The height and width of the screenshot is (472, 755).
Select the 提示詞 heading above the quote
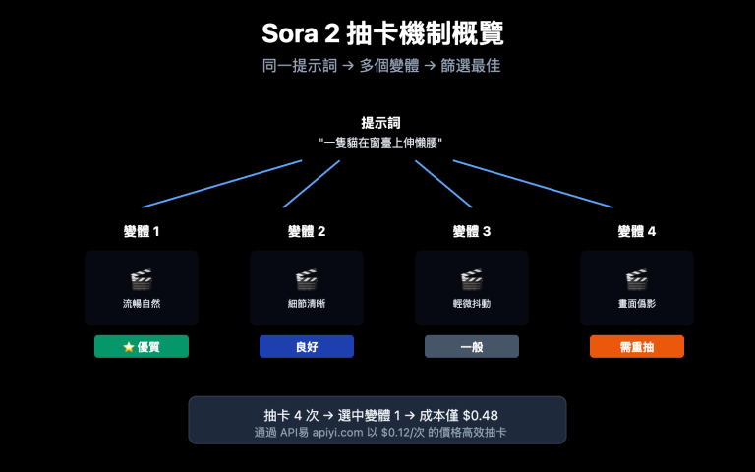[380, 123]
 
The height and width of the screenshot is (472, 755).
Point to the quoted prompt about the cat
[380, 143]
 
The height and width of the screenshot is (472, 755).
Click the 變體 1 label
[142, 231]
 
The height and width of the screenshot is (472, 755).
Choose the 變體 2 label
[307, 231]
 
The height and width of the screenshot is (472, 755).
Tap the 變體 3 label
[472, 231]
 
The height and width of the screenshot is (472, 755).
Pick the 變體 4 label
[637, 231]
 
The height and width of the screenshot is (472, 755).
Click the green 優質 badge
[142, 346]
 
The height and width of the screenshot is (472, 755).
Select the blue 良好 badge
[307, 346]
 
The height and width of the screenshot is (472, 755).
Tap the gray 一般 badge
[472, 346]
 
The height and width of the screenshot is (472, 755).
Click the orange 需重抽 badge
[637, 346]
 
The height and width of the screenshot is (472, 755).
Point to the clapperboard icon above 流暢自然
[142, 279]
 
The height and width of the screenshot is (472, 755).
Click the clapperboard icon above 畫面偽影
[637, 279]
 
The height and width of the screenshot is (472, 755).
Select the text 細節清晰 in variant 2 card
[307, 304]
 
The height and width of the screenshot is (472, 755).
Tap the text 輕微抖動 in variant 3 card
[472, 304]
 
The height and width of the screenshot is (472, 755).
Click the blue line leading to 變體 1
[221, 184]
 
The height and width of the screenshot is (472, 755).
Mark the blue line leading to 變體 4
[533, 184]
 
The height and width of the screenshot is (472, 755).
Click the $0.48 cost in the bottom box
[480, 415]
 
